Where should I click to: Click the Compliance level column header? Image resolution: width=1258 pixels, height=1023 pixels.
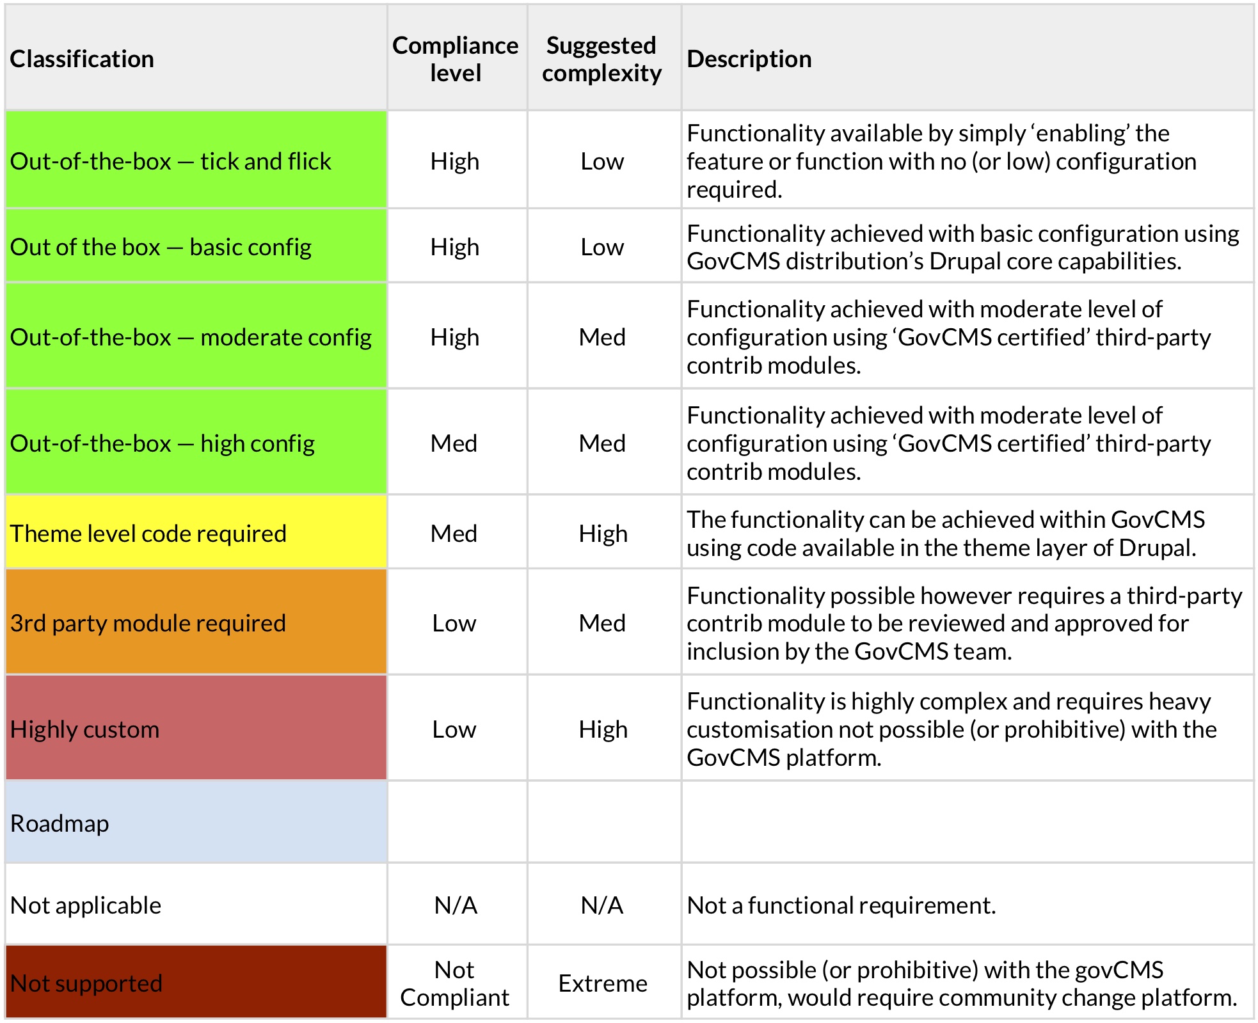point(455,59)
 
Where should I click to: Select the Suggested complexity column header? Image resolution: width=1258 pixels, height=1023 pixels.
point(601,59)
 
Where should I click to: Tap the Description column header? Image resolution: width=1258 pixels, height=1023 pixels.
point(749,59)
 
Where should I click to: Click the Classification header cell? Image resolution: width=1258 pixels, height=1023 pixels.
point(82,59)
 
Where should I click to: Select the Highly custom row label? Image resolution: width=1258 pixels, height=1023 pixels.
point(85,729)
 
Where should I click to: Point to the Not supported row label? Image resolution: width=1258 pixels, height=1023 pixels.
point(86,983)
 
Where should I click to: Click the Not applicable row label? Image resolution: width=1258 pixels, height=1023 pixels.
point(86,905)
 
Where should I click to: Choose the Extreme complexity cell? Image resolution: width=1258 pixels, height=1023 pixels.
point(602,983)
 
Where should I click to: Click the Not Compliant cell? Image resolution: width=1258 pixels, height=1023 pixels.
point(455,983)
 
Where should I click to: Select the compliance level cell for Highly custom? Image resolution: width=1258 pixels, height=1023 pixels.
point(454,729)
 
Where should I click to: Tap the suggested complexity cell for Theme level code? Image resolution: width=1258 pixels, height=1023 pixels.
point(603,533)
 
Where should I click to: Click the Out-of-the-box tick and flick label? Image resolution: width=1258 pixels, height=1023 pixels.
point(171,161)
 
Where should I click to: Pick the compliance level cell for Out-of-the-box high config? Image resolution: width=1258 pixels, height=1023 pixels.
point(454,443)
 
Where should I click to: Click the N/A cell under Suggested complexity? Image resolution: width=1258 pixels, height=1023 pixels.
point(601,905)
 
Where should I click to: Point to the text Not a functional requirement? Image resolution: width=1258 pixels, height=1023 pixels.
point(841,905)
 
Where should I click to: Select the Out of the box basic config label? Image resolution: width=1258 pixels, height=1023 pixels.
point(161,246)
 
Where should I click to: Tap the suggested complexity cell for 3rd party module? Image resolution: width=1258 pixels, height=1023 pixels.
point(602,623)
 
